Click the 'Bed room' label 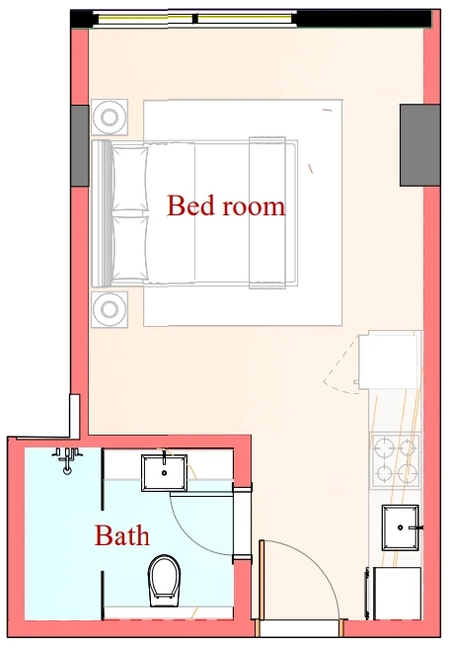(226, 205)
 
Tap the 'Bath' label (122, 535)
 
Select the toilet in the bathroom (164, 581)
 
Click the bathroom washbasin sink (164, 473)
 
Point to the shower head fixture (67, 460)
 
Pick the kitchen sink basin (401, 527)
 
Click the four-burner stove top (395, 460)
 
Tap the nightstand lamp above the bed (110, 117)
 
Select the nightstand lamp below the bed (110, 309)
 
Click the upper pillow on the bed (129, 178)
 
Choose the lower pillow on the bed (129, 248)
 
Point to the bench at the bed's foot (267, 213)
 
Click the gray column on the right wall (419, 145)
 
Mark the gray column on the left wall (80, 145)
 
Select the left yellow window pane (145, 19)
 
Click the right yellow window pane (245, 19)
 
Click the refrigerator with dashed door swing (389, 362)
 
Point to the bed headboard (102, 213)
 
